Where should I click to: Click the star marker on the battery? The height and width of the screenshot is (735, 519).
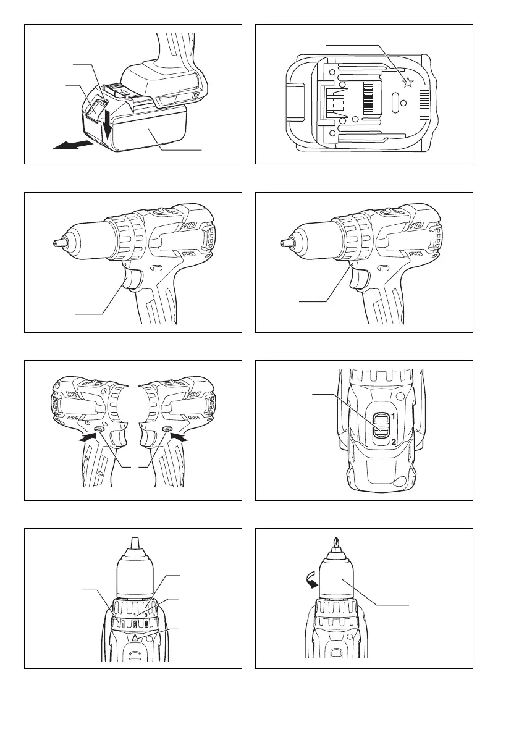click(408, 83)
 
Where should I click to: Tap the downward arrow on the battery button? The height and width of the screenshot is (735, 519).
click(108, 122)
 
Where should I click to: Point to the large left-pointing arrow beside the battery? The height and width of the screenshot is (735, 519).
click(71, 145)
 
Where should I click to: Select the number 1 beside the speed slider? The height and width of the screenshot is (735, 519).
click(394, 416)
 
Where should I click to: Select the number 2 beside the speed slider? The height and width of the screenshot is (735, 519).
click(394, 442)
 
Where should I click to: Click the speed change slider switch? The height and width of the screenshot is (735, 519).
click(381, 427)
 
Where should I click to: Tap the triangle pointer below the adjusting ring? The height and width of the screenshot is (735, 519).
click(136, 637)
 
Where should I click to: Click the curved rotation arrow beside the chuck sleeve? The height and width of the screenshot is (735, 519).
click(310, 582)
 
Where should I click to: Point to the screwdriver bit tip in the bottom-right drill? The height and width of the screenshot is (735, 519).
click(335, 545)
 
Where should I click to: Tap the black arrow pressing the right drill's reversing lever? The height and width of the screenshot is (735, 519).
click(180, 437)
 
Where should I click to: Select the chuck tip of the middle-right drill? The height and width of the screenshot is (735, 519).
click(285, 243)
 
